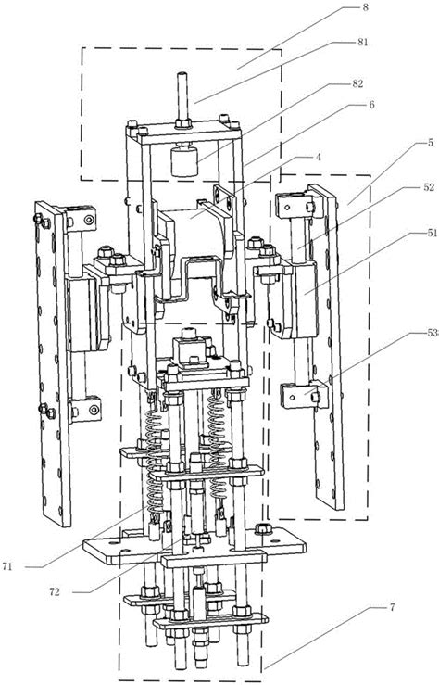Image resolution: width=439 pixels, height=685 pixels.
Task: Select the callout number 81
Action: pyautogui.click(x=362, y=42)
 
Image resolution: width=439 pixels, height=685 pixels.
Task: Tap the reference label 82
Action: pyautogui.click(x=357, y=83)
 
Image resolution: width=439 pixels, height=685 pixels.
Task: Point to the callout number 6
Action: pyautogui.click(x=371, y=105)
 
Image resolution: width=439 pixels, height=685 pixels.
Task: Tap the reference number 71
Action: pyautogui.click(x=7, y=567)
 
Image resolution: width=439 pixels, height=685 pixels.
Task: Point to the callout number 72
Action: pyautogui.click(x=54, y=592)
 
